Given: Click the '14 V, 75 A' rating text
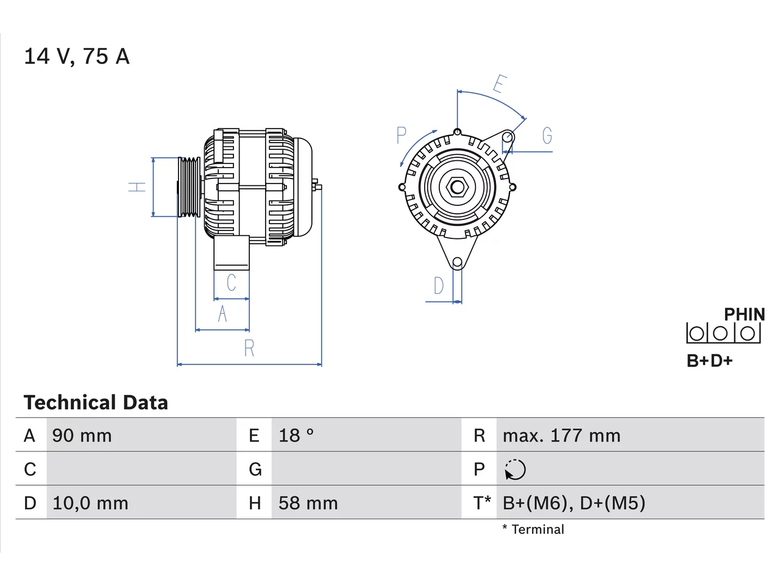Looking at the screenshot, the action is coord(77,57).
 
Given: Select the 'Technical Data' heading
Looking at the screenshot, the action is coord(96,402).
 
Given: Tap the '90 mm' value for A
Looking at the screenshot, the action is coord(82,436).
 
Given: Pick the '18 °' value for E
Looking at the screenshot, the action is coord(296,436).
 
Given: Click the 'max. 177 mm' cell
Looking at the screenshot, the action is coord(561,436).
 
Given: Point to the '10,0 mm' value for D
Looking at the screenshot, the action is coord(90,503).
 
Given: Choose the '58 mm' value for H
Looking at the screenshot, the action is coord(308,503).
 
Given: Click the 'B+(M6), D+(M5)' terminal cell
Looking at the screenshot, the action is coord(574,503).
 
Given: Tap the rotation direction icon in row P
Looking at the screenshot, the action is coord(515,470).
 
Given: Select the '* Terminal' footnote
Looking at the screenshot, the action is coord(533,529).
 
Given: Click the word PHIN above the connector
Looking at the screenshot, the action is coord(745,314).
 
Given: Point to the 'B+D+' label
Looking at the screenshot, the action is coord(709,361).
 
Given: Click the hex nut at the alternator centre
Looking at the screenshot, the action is coord(458,187).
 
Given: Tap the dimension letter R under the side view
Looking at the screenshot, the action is coord(249,348).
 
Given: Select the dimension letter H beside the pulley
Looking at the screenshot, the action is coord(137,187).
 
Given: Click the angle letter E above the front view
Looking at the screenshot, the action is coord(499,84).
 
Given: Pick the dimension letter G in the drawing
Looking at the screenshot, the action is coord(547,135).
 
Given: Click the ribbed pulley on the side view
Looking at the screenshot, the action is coord(189,187).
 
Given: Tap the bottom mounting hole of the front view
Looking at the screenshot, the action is coord(458,263).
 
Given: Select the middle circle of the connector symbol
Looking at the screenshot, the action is coord(720,333).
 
